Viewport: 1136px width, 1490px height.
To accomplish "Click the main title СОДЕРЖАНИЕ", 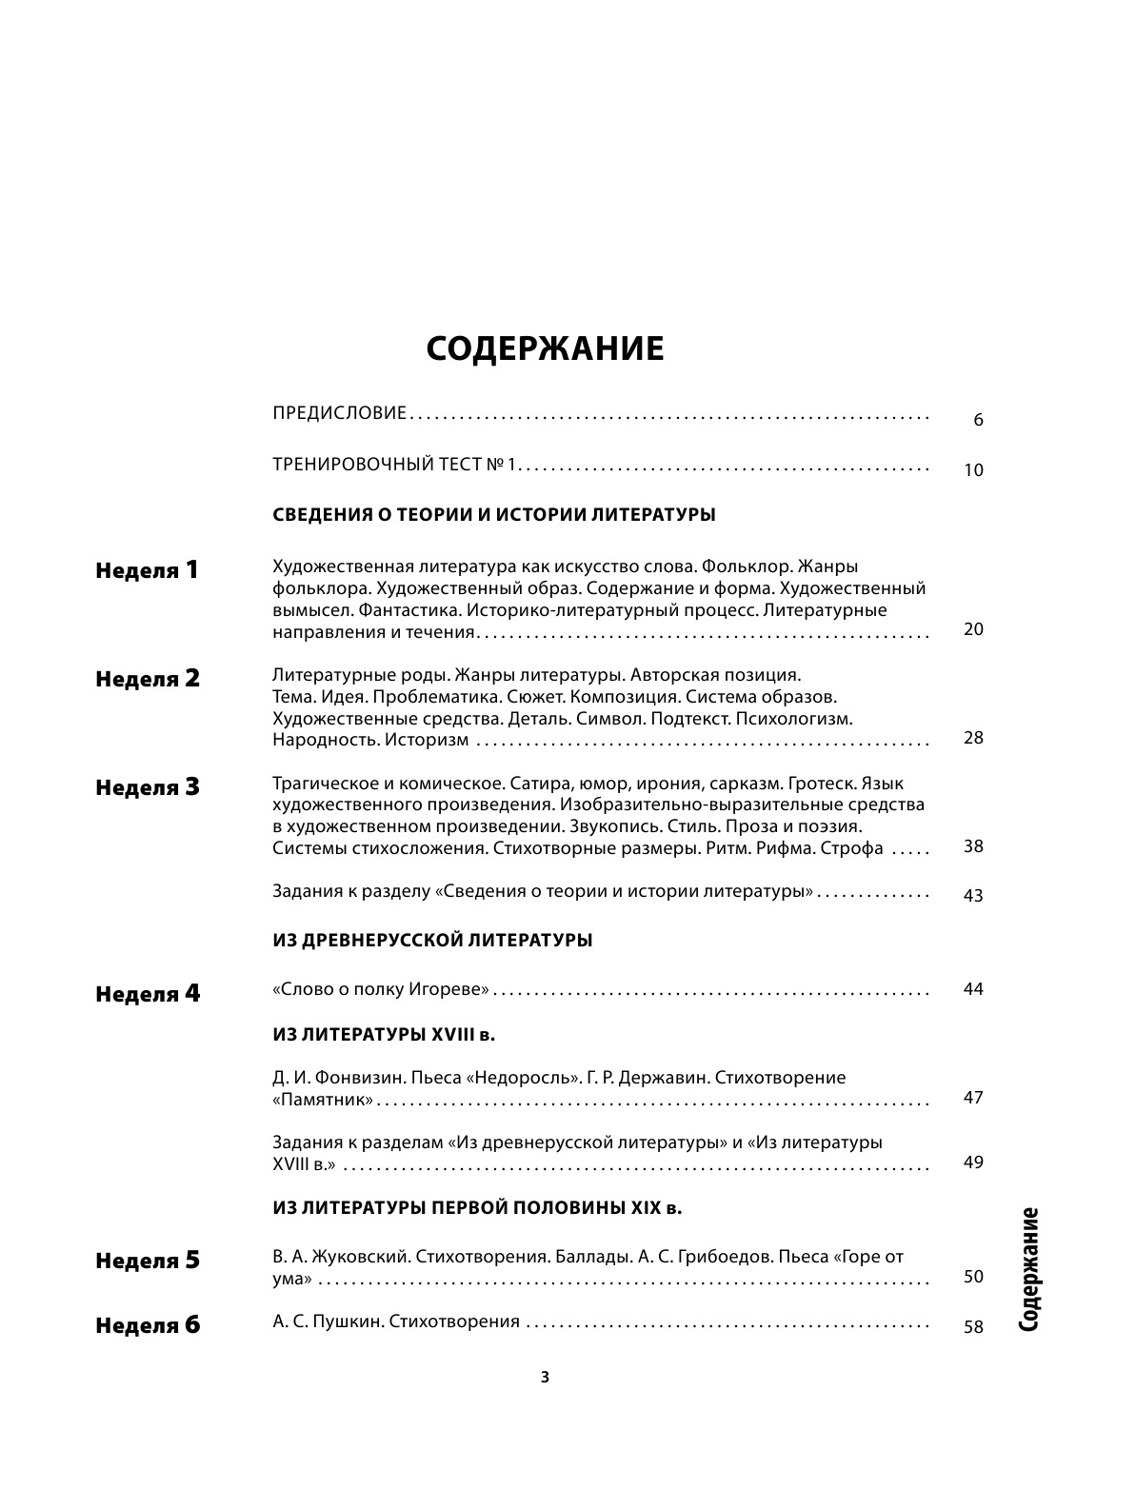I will coord(545,349).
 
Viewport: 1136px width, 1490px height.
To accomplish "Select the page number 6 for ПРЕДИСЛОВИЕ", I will coord(978,420).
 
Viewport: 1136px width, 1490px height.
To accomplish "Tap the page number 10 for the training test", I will coord(973,470).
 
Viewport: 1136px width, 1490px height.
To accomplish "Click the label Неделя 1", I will coord(148,571).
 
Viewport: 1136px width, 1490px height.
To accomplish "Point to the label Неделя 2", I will coord(148,680).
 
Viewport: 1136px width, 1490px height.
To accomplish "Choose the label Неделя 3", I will coord(148,788).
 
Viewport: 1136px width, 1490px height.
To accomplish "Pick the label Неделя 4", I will coord(148,995).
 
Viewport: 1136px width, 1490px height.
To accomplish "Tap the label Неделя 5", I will coord(148,1262).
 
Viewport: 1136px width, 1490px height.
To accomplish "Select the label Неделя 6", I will coord(148,1326).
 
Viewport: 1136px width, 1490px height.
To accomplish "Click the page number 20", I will coord(973,629).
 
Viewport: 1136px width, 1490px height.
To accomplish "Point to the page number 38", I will coord(973,846).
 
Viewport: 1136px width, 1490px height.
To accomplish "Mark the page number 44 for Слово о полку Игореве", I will coord(973,989).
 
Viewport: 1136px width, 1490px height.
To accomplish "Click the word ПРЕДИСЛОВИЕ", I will coord(339,413).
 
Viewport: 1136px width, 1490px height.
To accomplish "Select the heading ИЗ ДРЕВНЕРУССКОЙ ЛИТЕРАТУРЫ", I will coord(432,941).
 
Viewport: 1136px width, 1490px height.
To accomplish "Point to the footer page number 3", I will coord(545,1377).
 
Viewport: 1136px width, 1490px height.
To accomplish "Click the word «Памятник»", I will coord(322,1100).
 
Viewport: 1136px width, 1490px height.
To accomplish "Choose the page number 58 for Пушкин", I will coord(973,1327).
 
